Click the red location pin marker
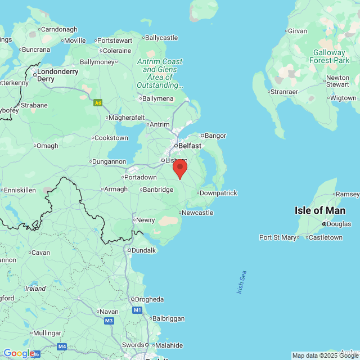pos(179,168)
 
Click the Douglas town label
pos(339,223)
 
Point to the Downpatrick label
pos(218,193)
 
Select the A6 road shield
pos(98,102)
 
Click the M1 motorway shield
pos(137,310)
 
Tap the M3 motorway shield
pos(109,321)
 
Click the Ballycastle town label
pos(161,38)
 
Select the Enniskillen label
pos(20,190)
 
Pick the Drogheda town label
pos(149,299)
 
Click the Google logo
pos(19,353)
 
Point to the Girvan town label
pos(298,30)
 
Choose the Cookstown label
pos(111,138)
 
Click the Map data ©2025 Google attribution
pos(326,355)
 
